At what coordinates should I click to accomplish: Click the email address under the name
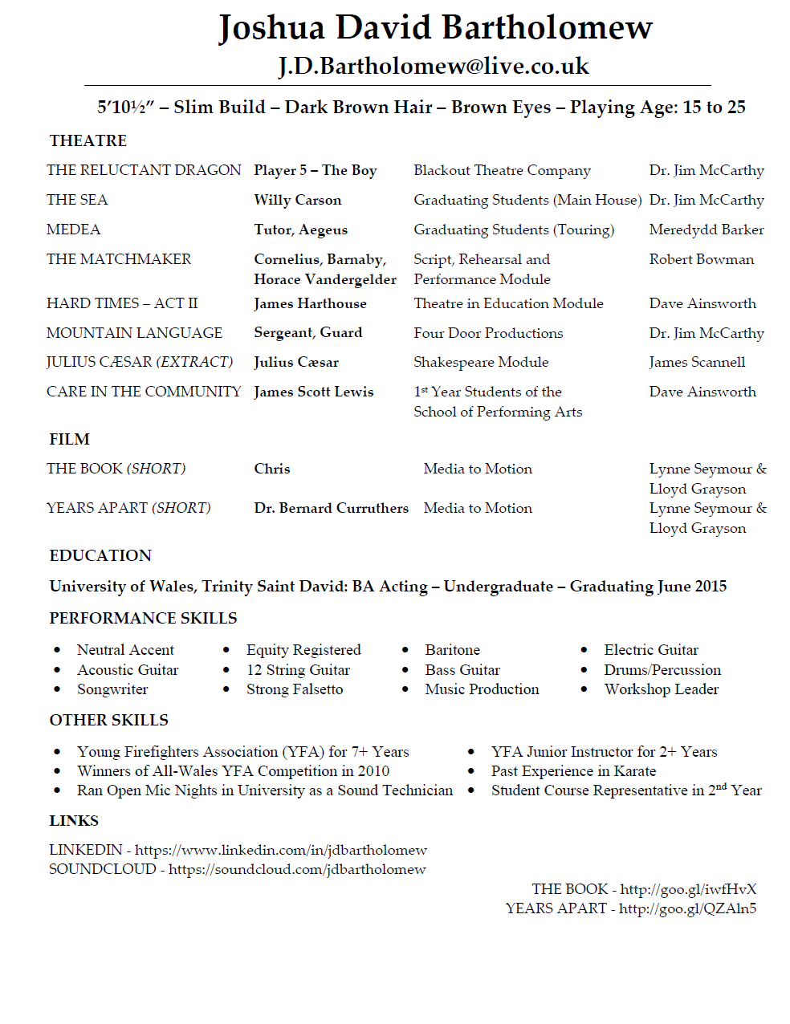(x=434, y=66)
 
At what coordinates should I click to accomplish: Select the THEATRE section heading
(x=88, y=140)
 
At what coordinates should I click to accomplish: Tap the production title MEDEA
(x=73, y=230)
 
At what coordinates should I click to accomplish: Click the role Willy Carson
(x=297, y=200)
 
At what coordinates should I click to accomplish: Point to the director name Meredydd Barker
(x=706, y=230)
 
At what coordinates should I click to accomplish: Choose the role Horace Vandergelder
(x=325, y=279)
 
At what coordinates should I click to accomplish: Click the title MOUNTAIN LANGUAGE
(x=134, y=333)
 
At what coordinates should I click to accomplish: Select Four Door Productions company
(x=488, y=333)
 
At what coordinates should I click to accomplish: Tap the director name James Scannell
(x=697, y=362)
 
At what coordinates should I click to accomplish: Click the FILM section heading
(x=69, y=439)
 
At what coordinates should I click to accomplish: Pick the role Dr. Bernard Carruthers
(x=331, y=508)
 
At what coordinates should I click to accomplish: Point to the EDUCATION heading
(x=100, y=555)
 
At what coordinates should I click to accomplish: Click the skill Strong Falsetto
(x=295, y=689)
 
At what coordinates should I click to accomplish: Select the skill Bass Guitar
(x=462, y=670)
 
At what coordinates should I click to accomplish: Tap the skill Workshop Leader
(x=662, y=689)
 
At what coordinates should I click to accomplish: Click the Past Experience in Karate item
(x=573, y=771)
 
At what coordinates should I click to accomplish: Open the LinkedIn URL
(x=281, y=850)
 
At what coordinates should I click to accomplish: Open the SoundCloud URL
(x=297, y=869)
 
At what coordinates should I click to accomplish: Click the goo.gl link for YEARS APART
(x=687, y=908)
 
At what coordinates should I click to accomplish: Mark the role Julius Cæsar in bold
(x=296, y=362)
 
